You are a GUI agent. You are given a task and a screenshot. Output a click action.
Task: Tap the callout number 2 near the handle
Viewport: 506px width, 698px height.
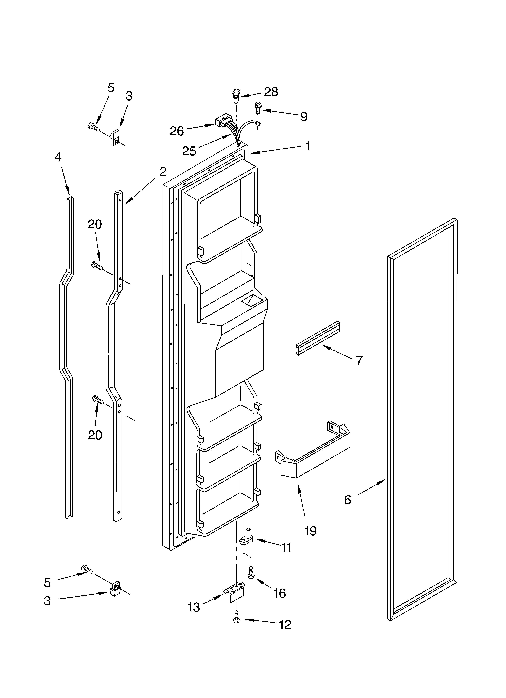pyautogui.click(x=163, y=171)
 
